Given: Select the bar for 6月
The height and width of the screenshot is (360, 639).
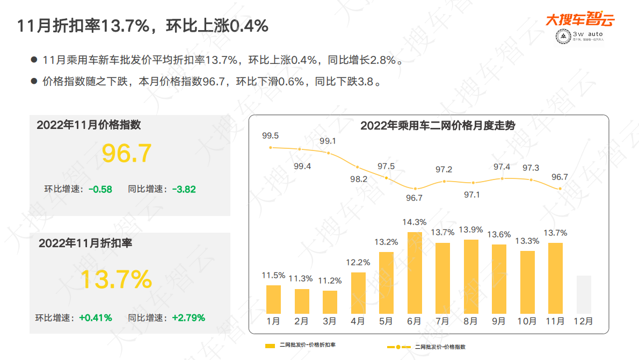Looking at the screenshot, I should tap(414, 273).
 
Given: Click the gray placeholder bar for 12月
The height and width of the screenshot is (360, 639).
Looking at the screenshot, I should tap(584, 294).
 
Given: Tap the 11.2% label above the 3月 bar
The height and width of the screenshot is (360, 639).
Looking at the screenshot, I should tap(330, 280).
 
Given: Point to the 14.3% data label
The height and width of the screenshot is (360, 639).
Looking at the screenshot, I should tap(414, 222).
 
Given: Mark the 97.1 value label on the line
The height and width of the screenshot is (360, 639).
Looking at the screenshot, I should tap(472, 195).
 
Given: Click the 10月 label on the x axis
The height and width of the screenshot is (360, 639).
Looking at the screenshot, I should tap(527, 321).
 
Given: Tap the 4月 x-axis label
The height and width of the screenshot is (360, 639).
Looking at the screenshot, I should tap(358, 321).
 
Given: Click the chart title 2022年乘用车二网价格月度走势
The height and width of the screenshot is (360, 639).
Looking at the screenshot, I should tap(438, 126).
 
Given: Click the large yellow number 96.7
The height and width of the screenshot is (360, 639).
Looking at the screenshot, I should tap(127, 153).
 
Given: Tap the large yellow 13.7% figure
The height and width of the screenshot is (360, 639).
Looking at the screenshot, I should tap(117, 279).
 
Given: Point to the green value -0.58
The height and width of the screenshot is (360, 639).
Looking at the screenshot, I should tap(100, 189).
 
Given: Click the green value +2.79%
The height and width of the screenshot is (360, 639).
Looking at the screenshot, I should tap(188, 318).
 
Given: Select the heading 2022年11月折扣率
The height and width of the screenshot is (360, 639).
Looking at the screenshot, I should tap(85, 243).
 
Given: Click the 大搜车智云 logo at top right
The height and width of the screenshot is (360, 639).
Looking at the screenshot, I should tap(580, 20).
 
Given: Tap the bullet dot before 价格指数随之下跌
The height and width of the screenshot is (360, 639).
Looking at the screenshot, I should tap(34, 82).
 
